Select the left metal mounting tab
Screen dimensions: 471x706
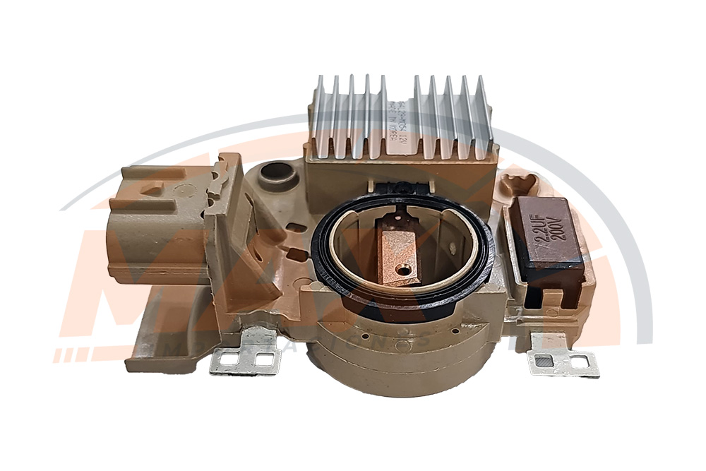[245, 356]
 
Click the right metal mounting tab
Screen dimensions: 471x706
[562, 361]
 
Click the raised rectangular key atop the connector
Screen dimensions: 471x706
[148, 180]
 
